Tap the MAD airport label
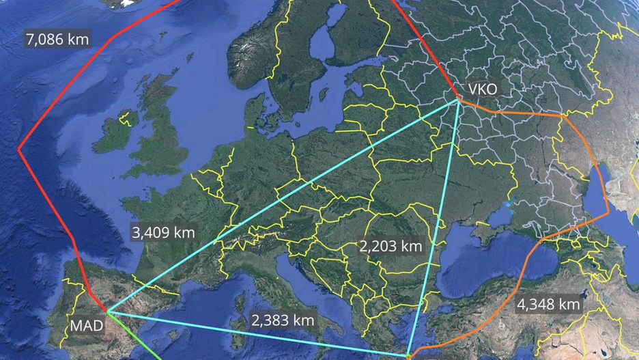[87, 325]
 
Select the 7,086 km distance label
[57, 40]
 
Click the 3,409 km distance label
[164, 232]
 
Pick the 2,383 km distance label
[283, 319]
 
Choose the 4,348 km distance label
[549, 303]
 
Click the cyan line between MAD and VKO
[287, 204]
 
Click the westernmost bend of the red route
[18, 148]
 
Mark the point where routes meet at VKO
[458, 101]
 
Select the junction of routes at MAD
[107, 312]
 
